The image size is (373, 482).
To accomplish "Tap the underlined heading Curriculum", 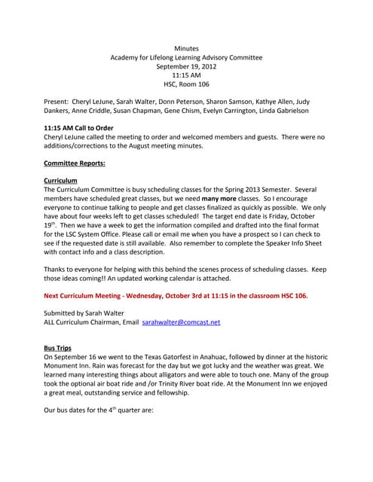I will point(61,182).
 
